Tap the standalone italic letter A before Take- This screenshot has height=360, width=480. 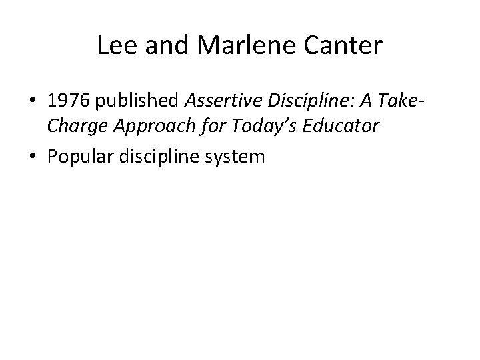[363, 101]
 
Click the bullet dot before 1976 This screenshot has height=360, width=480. [34, 102]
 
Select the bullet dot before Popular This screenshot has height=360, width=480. [34, 157]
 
